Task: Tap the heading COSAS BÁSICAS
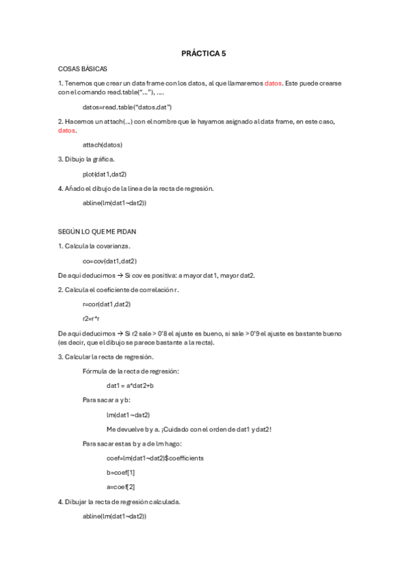(x=82, y=69)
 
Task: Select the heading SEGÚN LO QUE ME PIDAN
(x=97, y=232)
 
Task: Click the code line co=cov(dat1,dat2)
(x=109, y=261)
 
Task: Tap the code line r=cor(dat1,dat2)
(x=106, y=304)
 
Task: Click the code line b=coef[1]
(x=120, y=472)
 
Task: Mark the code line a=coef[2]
(x=120, y=487)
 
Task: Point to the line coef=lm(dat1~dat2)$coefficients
(x=155, y=458)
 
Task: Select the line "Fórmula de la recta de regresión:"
(x=130, y=371)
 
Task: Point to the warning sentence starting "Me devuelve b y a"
(x=189, y=429)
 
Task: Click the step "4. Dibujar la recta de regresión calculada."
(x=120, y=502)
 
